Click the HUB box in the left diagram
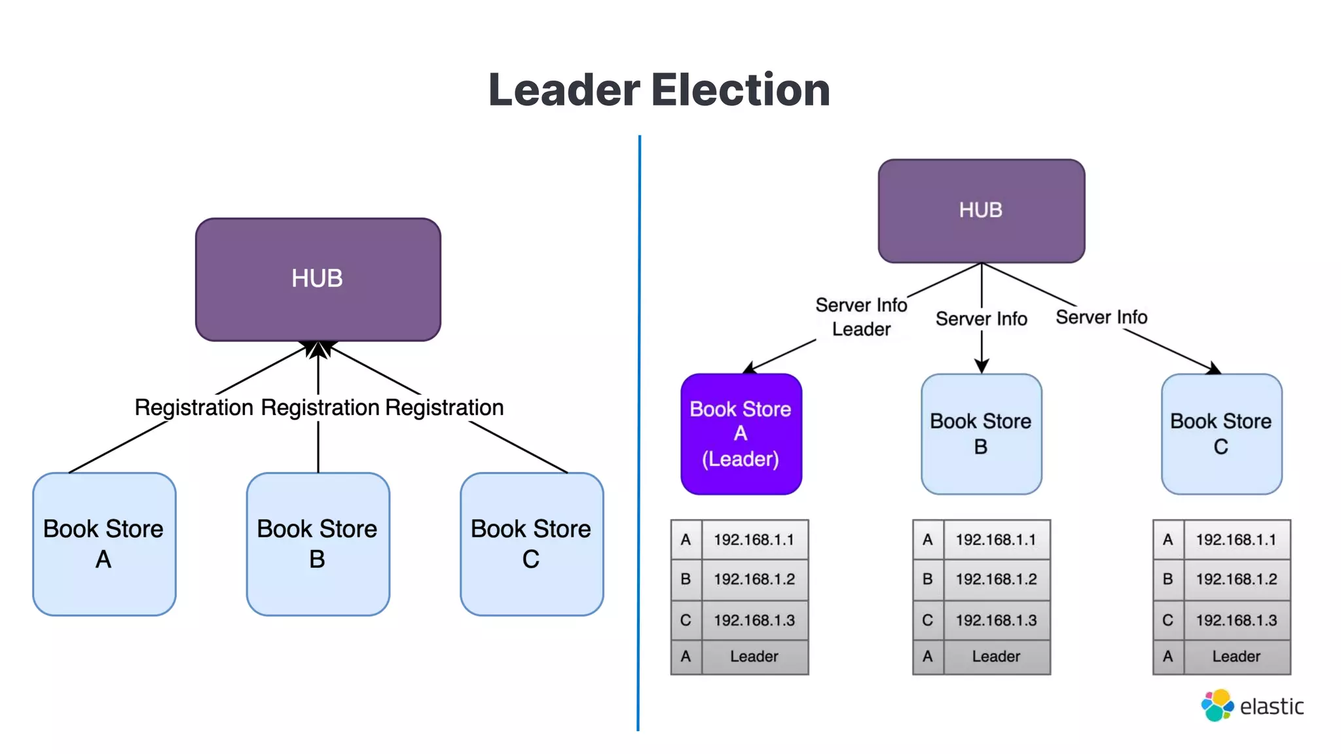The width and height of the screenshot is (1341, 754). [x=318, y=279]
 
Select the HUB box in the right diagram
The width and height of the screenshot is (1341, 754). [x=981, y=210]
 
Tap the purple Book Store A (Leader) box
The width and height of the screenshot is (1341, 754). [x=741, y=434]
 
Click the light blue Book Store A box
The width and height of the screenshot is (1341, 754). [x=104, y=544]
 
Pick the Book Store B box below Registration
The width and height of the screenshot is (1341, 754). [x=318, y=544]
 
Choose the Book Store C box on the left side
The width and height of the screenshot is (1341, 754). [x=531, y=544]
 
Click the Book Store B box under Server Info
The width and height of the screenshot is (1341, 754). [x=981, y=434]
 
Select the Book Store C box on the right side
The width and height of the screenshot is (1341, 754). [x=1221, y=434]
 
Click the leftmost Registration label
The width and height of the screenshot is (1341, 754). [x=194, y=408]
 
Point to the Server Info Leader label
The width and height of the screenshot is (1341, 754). [x=861, y=317]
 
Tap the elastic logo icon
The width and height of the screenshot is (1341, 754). [x=1217, y=706]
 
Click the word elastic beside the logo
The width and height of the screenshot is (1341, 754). [x=1272, y=707]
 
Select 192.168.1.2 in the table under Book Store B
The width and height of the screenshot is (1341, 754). [x=996, y=579]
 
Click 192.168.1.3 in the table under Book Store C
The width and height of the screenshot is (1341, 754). [x=1236, y=620]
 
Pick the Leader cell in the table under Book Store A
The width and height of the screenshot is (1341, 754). [x=754, y=656]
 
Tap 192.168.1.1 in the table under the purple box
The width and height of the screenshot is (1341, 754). [x=754, y=540]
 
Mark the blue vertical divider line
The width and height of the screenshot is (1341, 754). [x=639, y=432]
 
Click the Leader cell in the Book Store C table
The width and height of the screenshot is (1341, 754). [x=1236, y=656]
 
